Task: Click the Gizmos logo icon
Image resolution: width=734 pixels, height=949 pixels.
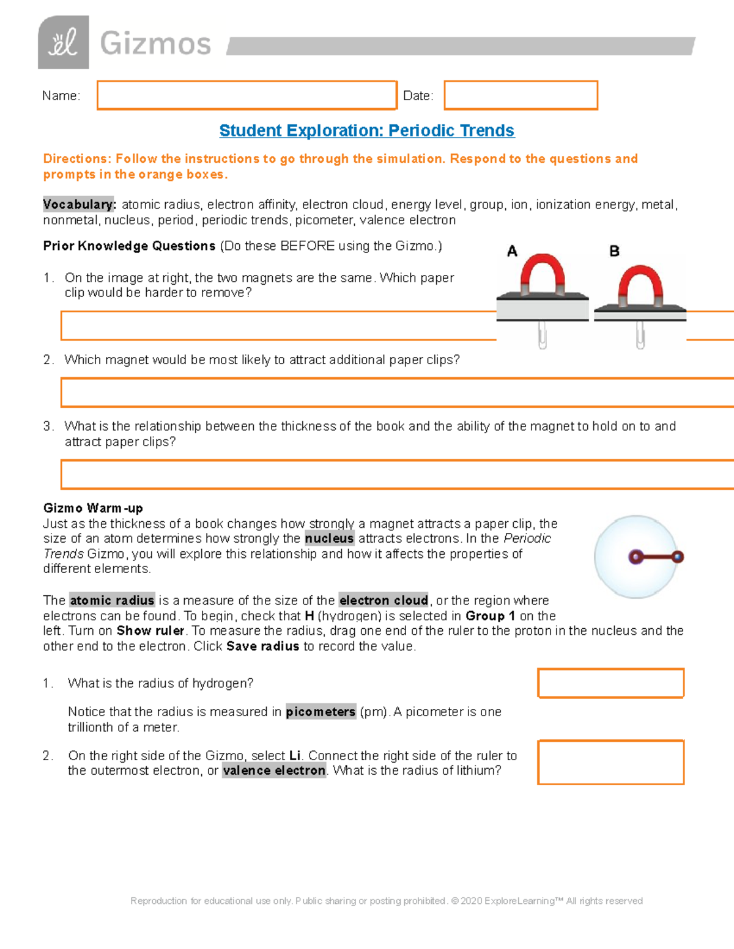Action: point(64,43)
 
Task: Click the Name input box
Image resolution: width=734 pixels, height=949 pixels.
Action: point(247,95)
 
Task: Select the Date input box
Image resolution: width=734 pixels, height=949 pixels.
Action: point(521,95)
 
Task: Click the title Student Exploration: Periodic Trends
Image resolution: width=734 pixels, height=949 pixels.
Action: point(366,131)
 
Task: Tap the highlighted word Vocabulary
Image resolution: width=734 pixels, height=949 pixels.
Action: point(79,205)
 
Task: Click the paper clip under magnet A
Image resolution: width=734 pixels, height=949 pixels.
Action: point(542,335)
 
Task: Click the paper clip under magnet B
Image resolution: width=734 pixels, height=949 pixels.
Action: point(640,335)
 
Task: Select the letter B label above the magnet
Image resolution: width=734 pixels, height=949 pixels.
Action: point(614,251)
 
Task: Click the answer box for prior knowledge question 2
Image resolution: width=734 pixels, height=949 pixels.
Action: point(398,392)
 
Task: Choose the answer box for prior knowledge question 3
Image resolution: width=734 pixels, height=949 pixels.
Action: point(398,474)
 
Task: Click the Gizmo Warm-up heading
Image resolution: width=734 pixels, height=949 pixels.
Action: point(93,508)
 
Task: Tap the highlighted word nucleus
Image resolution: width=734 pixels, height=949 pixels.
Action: point(329,539)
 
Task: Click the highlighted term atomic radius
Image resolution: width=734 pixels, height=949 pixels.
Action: point(112,601)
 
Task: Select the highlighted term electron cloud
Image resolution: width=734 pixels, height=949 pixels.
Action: point(384,601)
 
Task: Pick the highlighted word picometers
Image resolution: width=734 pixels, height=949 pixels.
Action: point(321,712)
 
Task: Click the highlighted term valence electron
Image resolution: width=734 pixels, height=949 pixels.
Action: point(274,771)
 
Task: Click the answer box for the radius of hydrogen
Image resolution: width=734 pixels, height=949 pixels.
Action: point(610,683)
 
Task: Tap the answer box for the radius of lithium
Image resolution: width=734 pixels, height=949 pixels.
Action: point(610,762)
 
